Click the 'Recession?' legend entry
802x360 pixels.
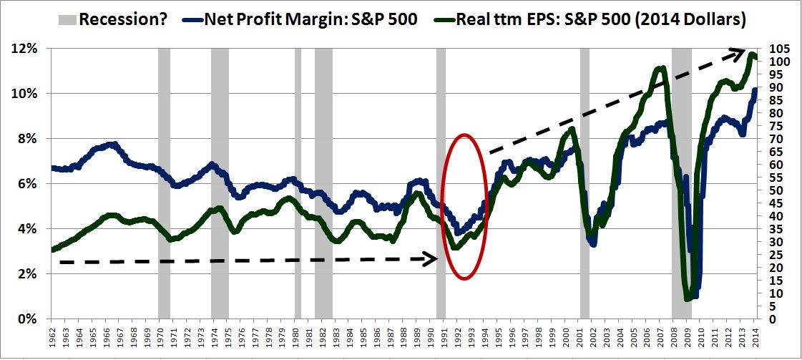tap(122, 19)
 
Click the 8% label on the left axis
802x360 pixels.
tap(27, 139)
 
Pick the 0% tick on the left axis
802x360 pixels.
tap(27, 319)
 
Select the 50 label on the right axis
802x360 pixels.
tap(776, 190)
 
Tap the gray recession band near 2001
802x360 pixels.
tap(585, 215)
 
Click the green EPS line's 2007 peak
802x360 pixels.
tap(661, 69)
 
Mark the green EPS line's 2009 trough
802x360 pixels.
tap(688, 298)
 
